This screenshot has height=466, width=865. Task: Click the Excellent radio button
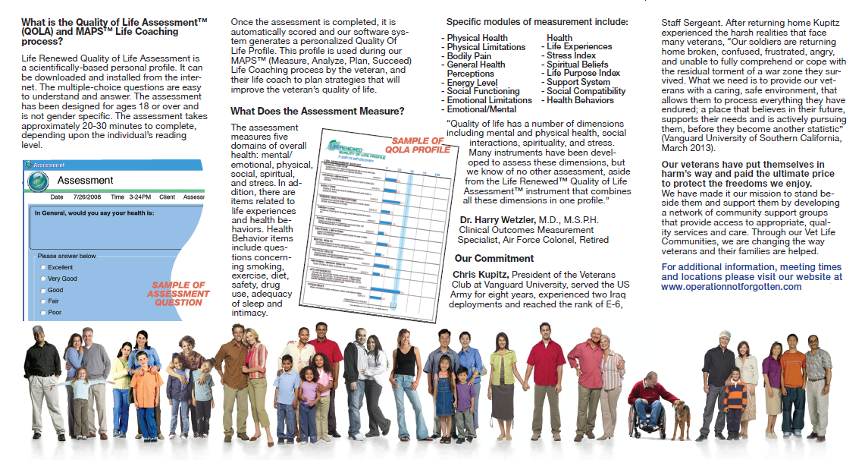click(42, 268)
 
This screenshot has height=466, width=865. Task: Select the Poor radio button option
click(42, 312)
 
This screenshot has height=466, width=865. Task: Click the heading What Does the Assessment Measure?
click(317, 111)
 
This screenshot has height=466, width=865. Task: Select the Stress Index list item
click(571, 55)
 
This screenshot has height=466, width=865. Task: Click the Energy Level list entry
click(472, 82)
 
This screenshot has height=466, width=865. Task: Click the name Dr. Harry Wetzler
click(497, 220)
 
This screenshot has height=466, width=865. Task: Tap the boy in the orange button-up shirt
click(146, 391)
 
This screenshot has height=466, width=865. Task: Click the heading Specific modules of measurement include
click(537, 22)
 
